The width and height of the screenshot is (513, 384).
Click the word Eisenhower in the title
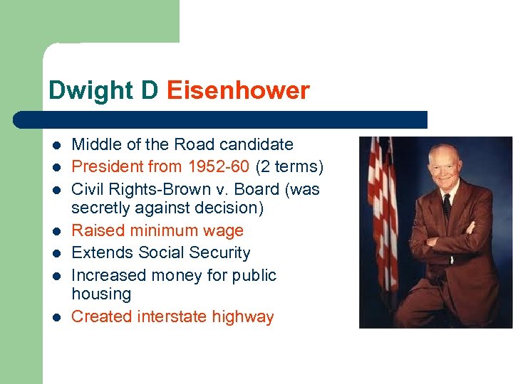[238, 91]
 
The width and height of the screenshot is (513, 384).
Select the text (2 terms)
[289, 167]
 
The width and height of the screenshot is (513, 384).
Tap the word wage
[222, 230]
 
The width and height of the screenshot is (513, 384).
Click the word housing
[101, 294]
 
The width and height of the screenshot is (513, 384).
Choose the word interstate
[172, 316]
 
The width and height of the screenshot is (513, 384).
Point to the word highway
[244, 316]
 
